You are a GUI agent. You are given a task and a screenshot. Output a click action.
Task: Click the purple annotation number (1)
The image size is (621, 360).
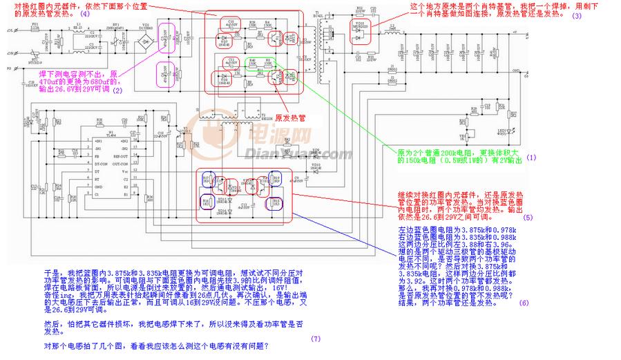(x=530, y=158)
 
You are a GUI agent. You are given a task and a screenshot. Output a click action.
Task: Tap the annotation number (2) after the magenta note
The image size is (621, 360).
(x=117, y=90)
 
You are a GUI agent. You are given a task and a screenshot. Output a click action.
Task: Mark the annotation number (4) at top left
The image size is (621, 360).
(x=84, y=13)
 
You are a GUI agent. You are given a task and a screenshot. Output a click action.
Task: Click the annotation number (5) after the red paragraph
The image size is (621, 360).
(x=528, y=217)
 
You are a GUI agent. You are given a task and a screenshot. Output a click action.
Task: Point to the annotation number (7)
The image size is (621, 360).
(x=316, y=338)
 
